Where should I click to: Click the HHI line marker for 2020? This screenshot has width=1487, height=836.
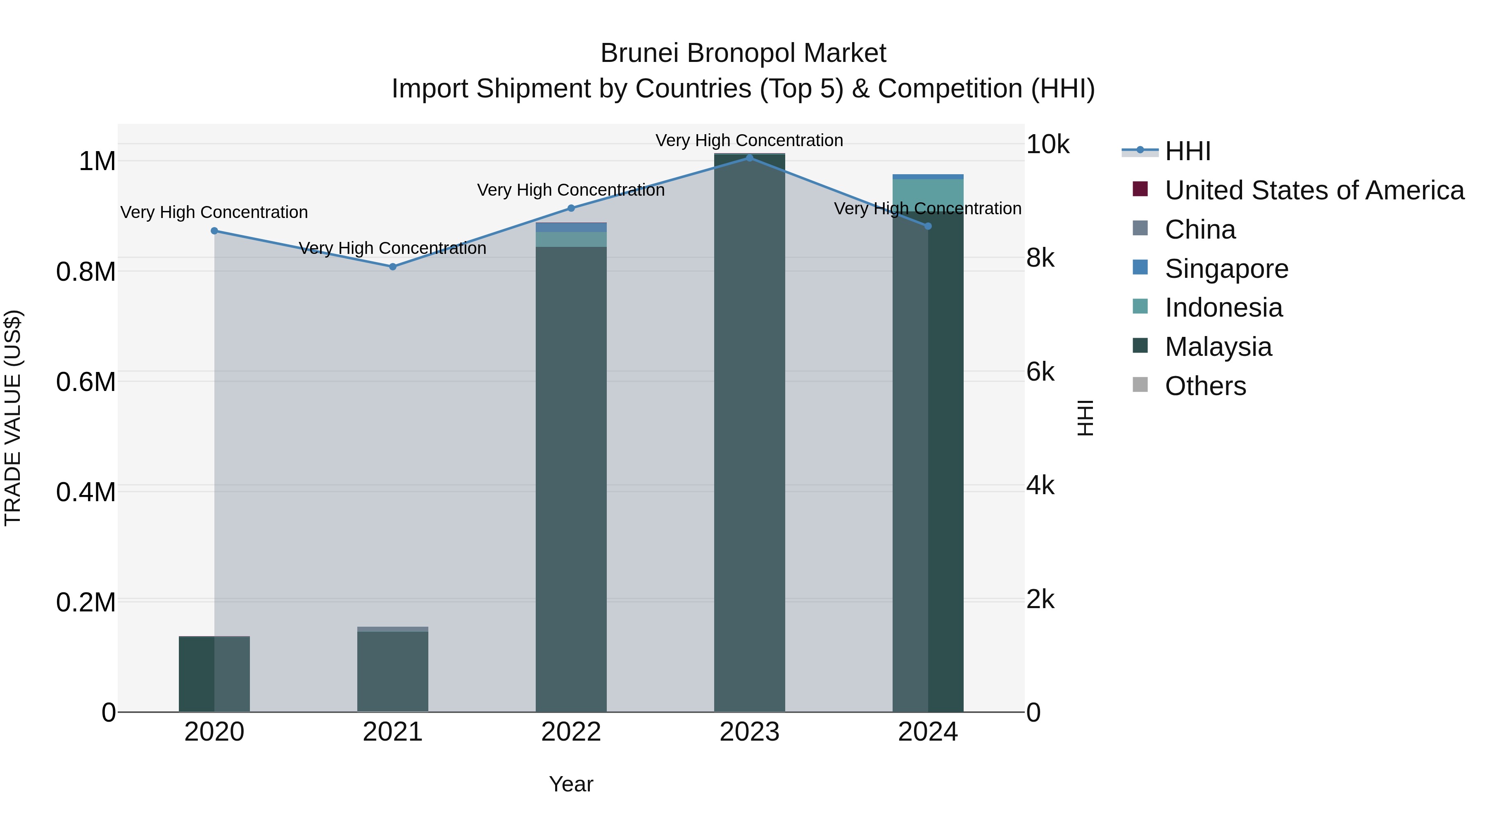pos(214,231)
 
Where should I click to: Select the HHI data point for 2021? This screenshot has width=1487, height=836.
pos(392,267)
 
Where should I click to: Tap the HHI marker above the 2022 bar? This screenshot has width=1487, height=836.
pos(571,208)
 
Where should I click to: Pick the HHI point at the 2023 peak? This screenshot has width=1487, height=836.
pos(749,158)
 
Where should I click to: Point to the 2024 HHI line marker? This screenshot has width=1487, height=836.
pos(928,226)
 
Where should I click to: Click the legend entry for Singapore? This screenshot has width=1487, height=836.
pos(1226,269)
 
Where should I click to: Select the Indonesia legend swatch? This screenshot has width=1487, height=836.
pos(1140,306)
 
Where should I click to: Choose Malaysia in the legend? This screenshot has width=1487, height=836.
pos(1218,347)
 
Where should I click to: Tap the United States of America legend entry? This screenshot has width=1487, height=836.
pos(1314,190)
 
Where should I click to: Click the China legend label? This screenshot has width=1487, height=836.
pos(1200,230)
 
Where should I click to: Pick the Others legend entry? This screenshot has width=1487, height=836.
pos(1205,386)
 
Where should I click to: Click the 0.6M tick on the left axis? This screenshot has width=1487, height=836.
pos(86,382)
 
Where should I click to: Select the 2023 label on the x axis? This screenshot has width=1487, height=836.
pos(749,732)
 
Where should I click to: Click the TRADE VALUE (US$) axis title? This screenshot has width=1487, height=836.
pos(13,418)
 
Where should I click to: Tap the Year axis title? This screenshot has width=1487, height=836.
pos(571,784)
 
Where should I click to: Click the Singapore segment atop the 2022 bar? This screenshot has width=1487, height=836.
pos(571,228)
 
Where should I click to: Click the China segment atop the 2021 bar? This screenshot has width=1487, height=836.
pos(392,629)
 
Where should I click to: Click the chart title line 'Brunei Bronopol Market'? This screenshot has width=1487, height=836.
pos(743,53)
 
